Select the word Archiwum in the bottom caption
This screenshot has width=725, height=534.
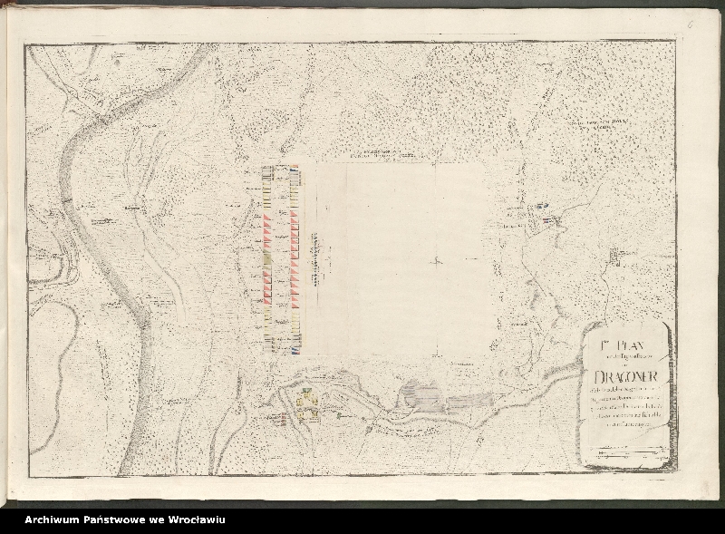[x=53, y=519]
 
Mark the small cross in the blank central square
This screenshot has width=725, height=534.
[x=436, y=262]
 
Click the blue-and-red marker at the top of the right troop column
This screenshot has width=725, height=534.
[x=295, y=169]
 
